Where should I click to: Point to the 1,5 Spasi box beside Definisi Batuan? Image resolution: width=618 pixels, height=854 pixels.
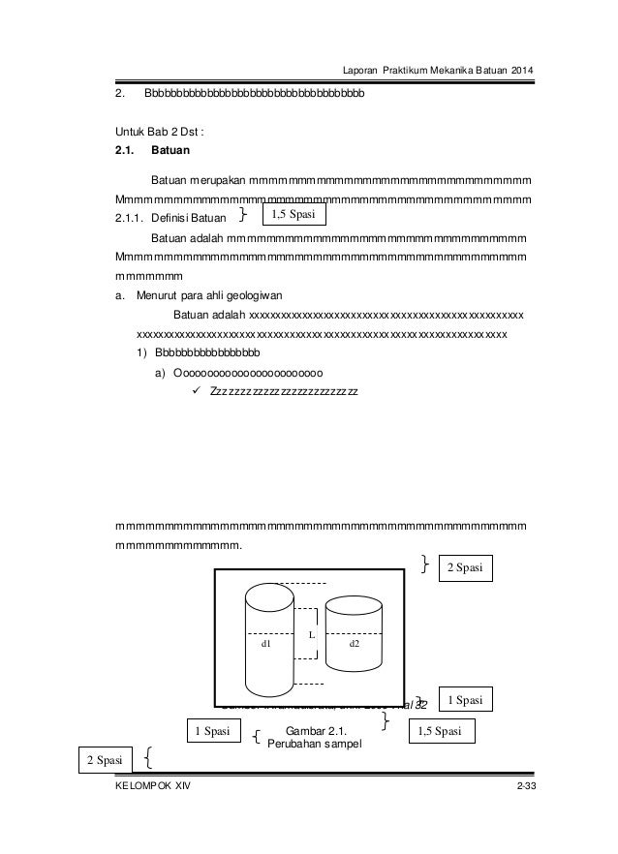pyautogui.click(x=294, y=213)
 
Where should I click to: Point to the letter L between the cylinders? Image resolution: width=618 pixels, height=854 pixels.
pyautogui.click(x=310, y=634)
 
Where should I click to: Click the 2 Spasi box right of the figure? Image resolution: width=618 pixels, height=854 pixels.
pyautogui.click(x=466, y=566)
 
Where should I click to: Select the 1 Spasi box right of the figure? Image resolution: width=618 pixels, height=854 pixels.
pyautogui.click(x=466, y=698)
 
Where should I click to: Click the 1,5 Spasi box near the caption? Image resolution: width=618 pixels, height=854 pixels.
pyautogui.click(x=442, y=731)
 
